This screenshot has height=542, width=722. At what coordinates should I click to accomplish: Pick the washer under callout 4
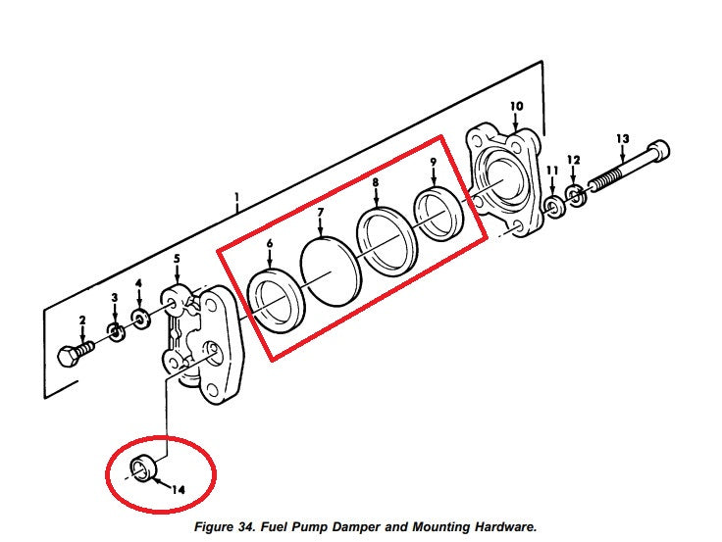[140, 320]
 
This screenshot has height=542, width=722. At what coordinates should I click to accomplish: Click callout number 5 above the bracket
[177, 260]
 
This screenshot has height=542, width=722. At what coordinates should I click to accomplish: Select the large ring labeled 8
[384, 238]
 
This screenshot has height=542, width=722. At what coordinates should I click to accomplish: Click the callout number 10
[517, 106]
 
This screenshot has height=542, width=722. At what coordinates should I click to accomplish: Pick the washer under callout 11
[555, 207]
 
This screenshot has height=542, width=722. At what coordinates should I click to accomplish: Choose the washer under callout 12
[577, 196]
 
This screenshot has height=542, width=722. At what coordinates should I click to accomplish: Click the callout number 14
[178, 488]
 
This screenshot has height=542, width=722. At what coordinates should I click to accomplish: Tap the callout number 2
[82, 320]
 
